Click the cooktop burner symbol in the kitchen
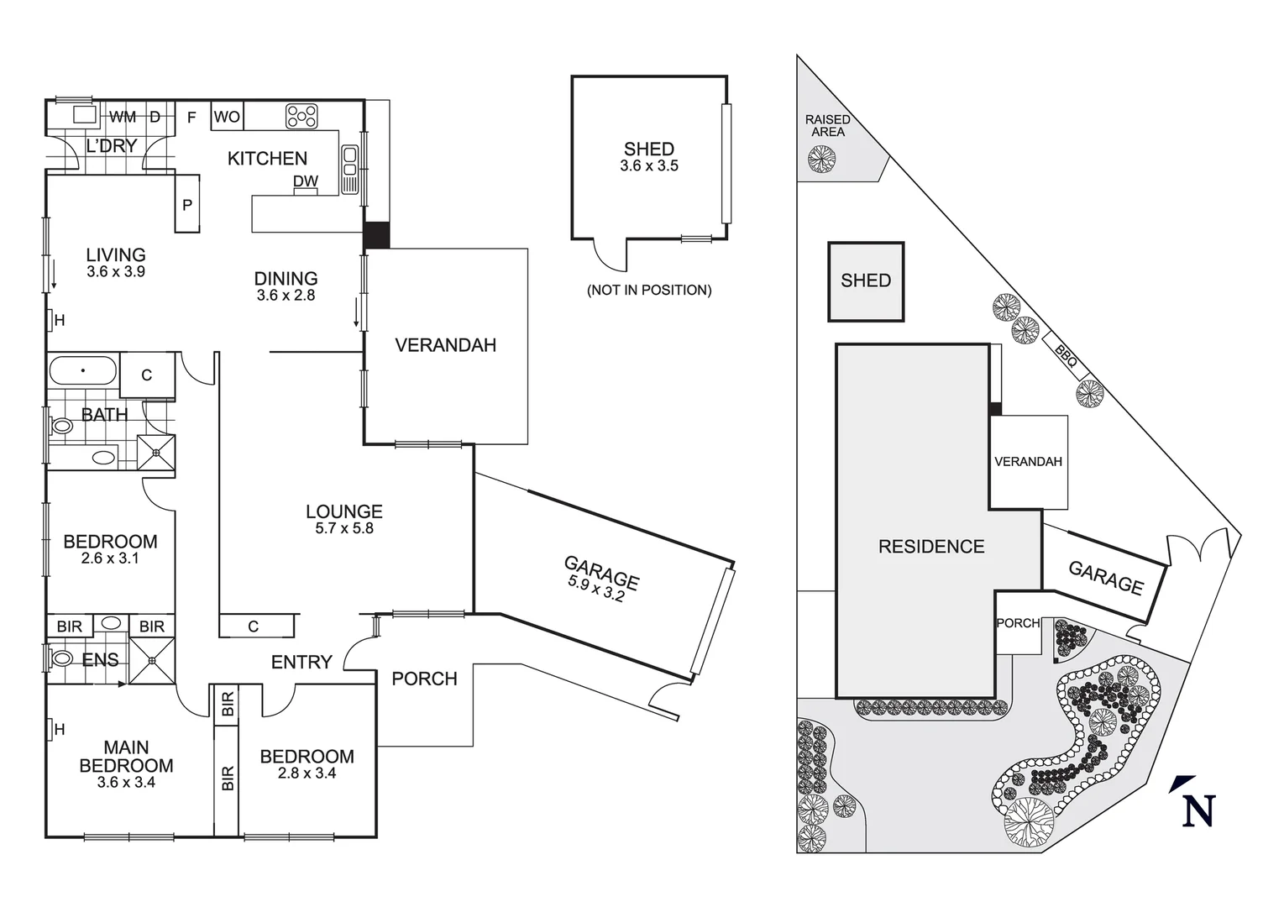301,116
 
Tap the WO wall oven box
227,117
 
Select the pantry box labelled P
187,204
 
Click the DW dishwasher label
306,181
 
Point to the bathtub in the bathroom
83,370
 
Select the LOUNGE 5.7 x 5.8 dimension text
344,528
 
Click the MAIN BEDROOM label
126,757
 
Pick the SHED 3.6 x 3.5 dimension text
649,166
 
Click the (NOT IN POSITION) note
649,290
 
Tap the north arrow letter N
1198,810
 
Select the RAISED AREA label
828,126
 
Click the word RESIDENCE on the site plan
931,547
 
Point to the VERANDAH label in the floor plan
445,345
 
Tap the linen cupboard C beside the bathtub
147,375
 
